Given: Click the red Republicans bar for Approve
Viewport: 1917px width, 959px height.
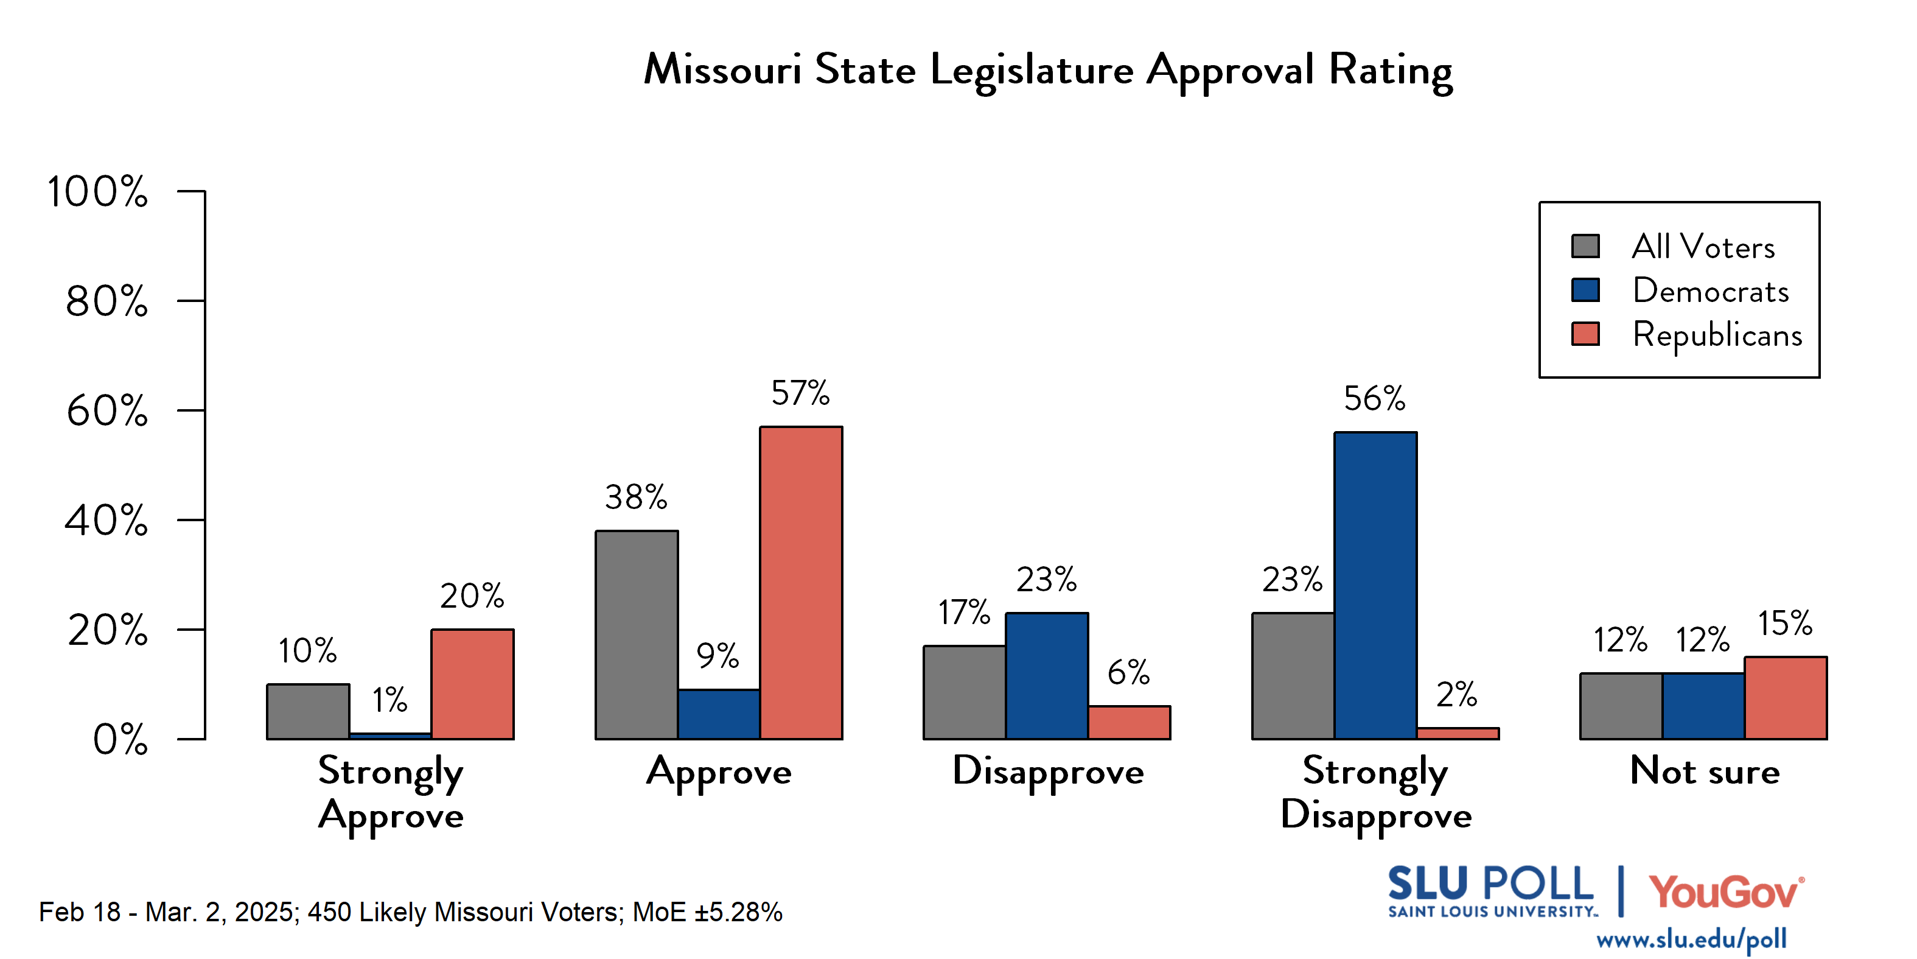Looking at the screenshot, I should pos(801,583).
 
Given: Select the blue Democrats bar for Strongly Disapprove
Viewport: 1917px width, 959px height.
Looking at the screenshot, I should pos(1375,586).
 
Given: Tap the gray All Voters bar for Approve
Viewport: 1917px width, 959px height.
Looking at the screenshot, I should pos(637,635).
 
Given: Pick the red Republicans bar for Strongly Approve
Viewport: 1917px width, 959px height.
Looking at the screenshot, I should pos(472,684).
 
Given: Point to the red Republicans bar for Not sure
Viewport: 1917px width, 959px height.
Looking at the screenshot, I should pos(1786,698).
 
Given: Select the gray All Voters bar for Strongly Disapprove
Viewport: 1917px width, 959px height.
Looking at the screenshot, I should pos(1293,676).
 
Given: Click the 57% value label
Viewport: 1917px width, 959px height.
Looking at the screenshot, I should pos(800,393).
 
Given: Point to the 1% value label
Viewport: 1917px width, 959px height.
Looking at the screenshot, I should pos(389,700).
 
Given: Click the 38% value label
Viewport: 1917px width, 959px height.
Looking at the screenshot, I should pos(635,497).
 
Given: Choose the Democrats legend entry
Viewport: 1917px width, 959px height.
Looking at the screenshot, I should pos(1710,290).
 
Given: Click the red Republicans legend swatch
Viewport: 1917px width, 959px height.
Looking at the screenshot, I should pos(1585,334).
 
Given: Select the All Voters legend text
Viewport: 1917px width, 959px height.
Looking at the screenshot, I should pos(1703,247).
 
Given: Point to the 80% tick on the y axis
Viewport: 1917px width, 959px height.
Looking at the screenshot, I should pos(190,301).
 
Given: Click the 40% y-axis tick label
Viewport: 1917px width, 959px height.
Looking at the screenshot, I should pos(106,521).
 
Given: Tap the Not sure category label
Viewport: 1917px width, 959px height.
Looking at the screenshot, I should pos(1704,771).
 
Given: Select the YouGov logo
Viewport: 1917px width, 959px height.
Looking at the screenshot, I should pos(1726,893).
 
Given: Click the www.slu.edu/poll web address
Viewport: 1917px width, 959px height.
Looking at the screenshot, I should pos(1691,940).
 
